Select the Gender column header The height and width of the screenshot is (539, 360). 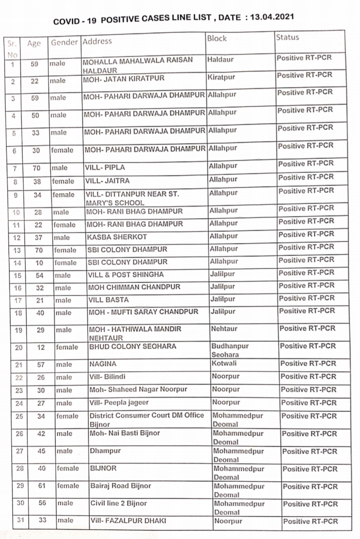click(64, 42)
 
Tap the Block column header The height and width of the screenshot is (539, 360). click(216, 38)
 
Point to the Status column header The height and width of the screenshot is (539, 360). click(287, 37)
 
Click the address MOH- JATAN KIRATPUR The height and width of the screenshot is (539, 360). click(123, 79)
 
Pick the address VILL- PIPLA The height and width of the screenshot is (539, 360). click(104, 167)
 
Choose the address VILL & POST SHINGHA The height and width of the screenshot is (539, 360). click(125, 274)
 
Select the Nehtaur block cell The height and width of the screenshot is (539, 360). click(225, 329)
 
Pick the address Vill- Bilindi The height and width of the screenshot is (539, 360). click(109, 377)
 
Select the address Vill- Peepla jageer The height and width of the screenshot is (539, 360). click(119, 402)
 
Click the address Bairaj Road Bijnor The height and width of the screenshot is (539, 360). click(120, 485)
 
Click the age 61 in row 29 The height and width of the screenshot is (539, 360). click(42, 485)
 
